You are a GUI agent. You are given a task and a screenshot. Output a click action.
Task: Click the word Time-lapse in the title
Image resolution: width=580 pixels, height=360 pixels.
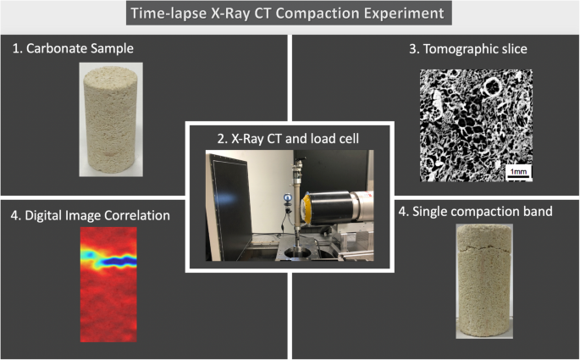tap(168, 14)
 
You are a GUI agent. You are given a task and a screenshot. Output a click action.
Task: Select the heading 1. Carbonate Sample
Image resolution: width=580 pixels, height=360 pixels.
tap(73, 48)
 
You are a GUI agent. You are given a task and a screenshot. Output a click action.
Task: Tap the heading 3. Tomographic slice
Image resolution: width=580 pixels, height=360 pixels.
tap(468, 49)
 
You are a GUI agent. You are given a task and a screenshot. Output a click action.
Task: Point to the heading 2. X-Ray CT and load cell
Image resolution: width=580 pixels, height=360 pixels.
tap(288, 138)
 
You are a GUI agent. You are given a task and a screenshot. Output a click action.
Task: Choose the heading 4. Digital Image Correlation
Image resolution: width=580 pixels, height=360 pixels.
tap(91, 215)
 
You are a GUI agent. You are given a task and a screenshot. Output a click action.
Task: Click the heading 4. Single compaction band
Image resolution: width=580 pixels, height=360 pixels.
tap(475, 211)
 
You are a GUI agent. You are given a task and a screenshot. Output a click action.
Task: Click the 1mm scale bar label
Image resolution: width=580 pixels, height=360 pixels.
tap(518, 172)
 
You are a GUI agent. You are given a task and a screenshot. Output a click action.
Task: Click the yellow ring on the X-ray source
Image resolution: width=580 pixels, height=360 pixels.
tap(306, 209)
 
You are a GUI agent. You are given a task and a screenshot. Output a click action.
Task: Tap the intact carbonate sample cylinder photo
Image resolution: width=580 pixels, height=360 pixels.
tap(111, 119)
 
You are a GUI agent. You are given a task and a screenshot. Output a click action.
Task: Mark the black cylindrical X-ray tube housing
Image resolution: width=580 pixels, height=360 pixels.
tap(328, 208)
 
